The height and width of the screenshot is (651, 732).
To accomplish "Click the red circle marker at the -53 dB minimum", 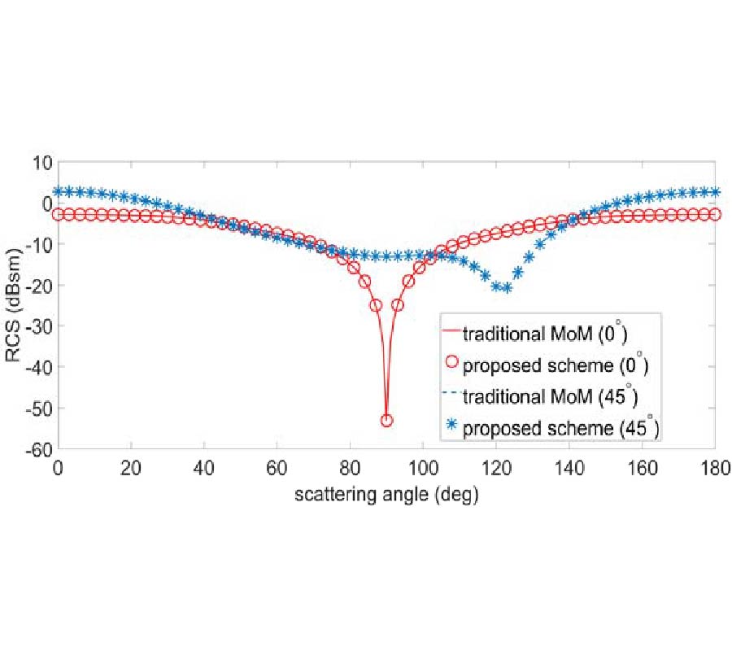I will [x=386, y=420].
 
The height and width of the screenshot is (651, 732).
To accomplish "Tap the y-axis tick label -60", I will [x=40, y=448].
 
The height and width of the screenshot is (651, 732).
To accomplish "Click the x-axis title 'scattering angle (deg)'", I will [x=386, y=492].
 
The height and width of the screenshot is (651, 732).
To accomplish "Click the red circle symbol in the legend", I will [x=449, y=364].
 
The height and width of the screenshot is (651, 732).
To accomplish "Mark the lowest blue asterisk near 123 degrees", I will [x=507, y=288].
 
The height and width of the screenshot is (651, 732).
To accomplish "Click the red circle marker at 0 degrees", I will [x=58, y=214].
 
